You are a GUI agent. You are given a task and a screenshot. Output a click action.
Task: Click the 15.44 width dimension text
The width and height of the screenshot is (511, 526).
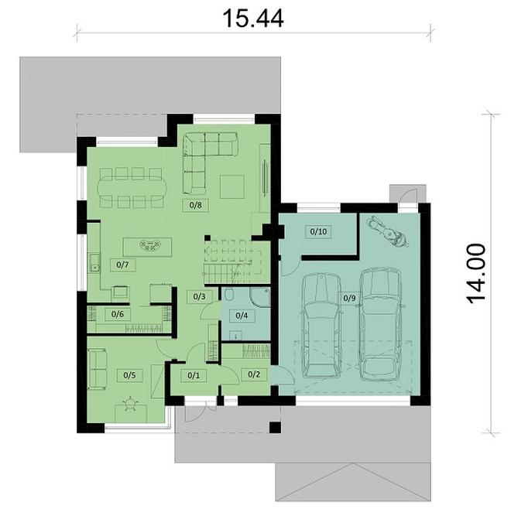pos(255,17)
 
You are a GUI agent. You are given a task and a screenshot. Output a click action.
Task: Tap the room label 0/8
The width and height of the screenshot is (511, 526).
pos(196,206)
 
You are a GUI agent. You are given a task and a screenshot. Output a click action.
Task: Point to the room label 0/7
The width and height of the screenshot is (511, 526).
pos(122,265)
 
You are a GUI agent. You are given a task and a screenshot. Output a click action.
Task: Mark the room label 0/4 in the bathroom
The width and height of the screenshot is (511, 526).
pos(242,315)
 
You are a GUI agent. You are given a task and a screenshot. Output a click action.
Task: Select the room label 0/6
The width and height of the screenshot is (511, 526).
pos(117,314)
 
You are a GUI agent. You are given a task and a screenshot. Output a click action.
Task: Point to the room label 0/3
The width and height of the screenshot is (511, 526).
pos(198,296)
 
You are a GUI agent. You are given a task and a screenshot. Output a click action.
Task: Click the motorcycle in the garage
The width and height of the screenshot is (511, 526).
pos(386,231)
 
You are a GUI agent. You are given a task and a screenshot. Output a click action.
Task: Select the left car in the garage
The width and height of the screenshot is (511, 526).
pos(319,325)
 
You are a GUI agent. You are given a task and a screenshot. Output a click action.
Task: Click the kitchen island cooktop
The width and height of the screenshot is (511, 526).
pos(146,247)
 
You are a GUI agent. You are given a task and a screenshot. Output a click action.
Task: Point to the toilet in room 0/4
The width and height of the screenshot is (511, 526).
pos(230,295)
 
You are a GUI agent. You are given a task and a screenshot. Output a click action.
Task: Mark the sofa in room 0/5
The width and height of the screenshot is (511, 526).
pos(97,369)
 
